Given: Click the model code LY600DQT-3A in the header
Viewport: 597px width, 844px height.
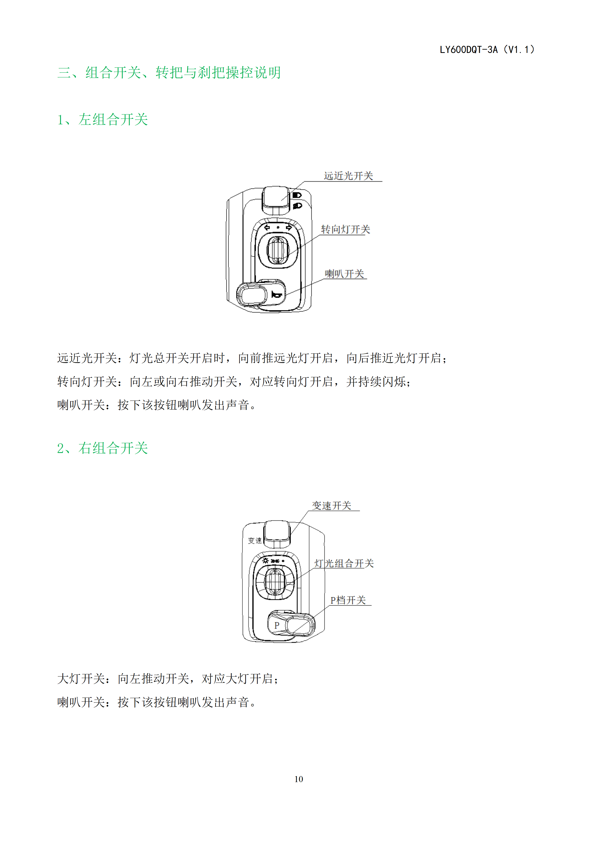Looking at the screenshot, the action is tap(469, 50).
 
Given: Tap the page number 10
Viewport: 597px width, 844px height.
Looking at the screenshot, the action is tap(298, 779).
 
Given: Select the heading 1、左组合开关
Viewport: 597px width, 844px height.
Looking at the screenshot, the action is tap(103, 120).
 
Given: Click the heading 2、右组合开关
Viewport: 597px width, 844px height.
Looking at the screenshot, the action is tap(103, 448).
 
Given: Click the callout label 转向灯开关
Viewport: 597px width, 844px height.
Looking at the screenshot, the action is tap(346, 229).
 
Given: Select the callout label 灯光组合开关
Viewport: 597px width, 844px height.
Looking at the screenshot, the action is tap(344, 563).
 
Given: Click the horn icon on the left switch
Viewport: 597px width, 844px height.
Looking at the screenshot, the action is tap(277, 295).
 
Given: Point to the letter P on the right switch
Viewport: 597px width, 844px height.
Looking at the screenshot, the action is tap(277, 625).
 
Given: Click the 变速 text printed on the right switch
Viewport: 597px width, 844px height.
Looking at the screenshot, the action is tap(255, 540).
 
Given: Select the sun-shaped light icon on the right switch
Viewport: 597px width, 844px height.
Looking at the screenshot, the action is tap(266, 560).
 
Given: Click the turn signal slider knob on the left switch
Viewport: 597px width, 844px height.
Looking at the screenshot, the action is tap(278, 250).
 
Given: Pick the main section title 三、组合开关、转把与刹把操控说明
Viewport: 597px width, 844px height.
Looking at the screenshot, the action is tap(169, 72).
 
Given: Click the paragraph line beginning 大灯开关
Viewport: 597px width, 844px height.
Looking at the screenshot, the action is tap(168, 679).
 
